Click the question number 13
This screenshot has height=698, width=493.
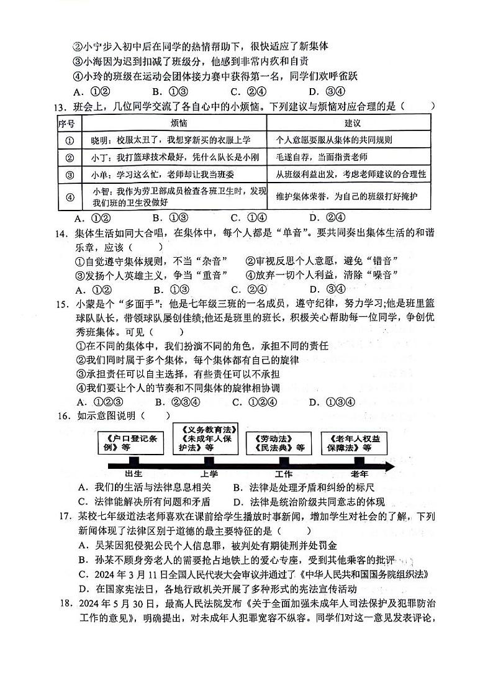tap(60, 106)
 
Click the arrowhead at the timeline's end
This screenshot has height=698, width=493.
tap(391, 466)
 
